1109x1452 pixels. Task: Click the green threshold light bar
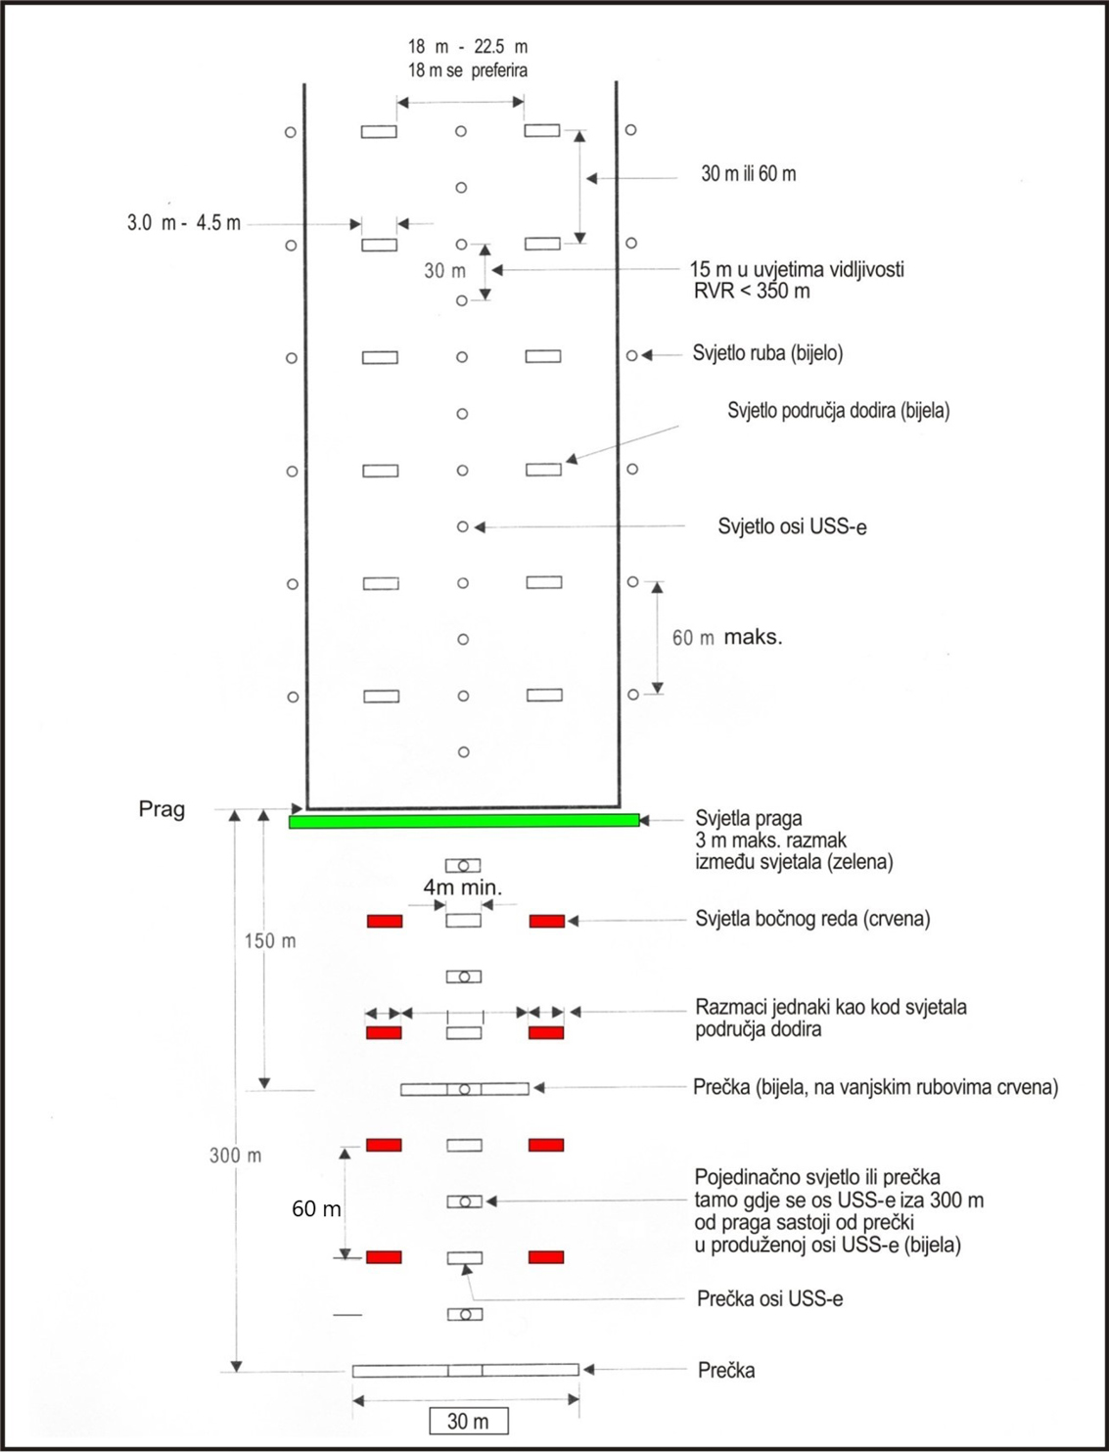tap(464, 821)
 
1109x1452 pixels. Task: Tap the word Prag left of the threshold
tap(162, 810)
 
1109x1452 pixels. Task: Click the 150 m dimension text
tap(270, 941)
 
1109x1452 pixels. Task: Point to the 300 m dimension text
tap(236, 1156)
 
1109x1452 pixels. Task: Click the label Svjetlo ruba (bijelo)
tap(767, 353)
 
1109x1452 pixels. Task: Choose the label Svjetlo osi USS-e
tap(792, 527)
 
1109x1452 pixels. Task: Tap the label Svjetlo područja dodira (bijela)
tap(838, 411)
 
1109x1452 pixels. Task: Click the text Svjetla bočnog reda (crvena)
tap(812, 919)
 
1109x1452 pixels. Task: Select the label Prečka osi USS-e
tap(769, 1299)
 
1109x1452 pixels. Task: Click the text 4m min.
tap(462, 888)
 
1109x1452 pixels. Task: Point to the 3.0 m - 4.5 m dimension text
tap(184, 223)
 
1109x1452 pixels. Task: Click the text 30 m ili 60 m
tap(748, 174)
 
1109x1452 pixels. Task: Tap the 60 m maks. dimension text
tap(726, 638)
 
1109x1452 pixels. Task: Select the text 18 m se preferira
tap(467, 70)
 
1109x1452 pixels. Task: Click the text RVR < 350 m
tap(751, 292)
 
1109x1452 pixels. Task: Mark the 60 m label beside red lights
tap(316, 1209)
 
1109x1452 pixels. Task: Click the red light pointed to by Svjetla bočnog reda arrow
tap(546, 921)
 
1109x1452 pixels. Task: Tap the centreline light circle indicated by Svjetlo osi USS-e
tap(463, 527)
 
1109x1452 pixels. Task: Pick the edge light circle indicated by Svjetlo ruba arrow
tap(632, 356)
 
